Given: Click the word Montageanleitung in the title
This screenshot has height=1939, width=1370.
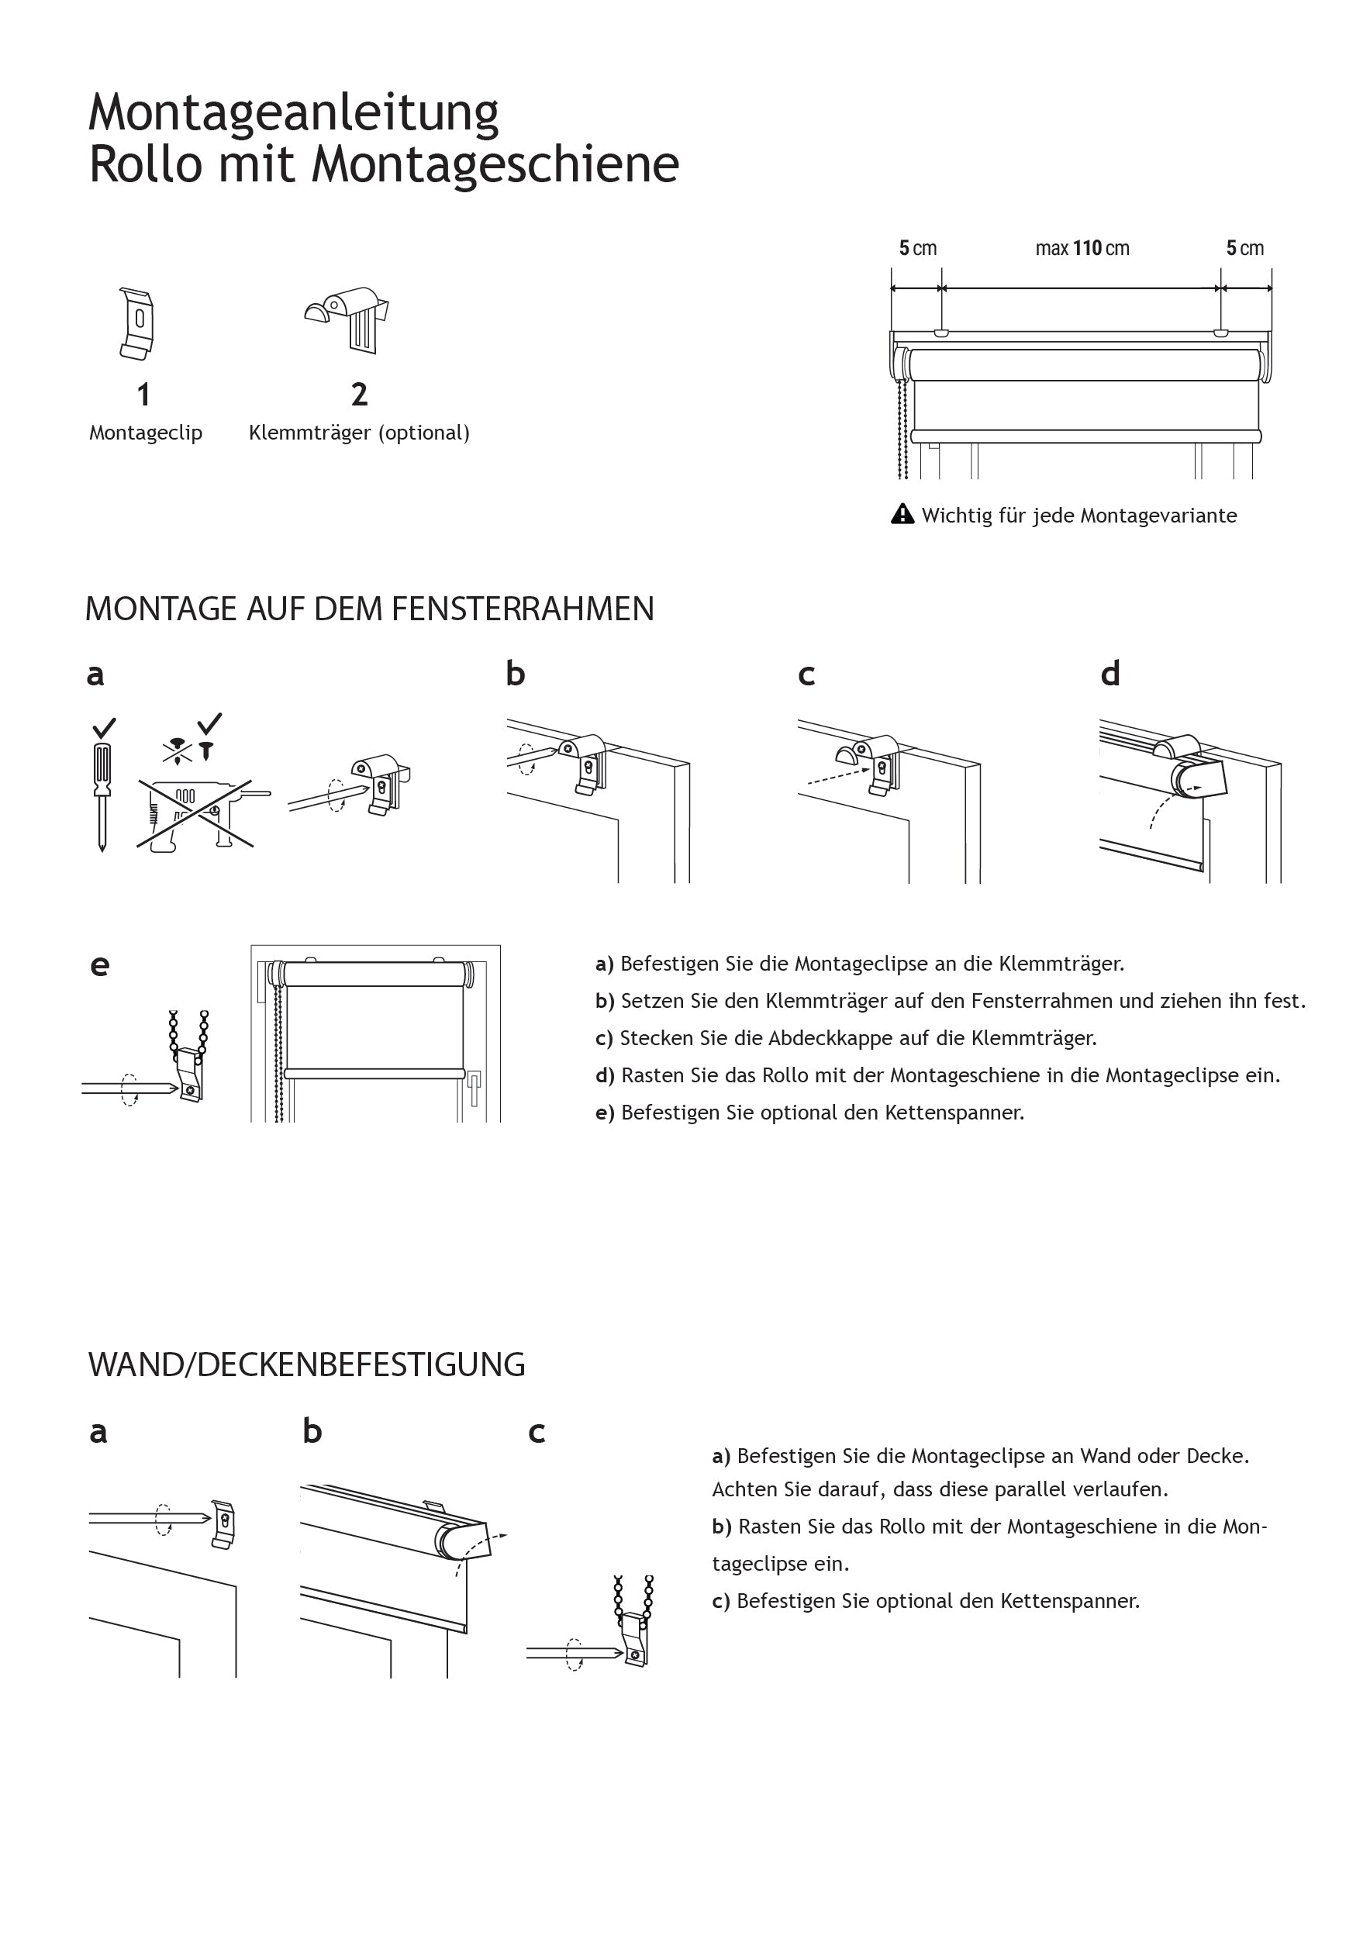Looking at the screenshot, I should (x=293, y=113).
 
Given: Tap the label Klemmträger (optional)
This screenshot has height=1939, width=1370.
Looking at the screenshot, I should (x=359, y=433).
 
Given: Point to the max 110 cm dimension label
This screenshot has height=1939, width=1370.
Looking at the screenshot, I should (x=1082, y=248).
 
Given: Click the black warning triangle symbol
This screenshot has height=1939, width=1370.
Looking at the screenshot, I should (x=902, y=514).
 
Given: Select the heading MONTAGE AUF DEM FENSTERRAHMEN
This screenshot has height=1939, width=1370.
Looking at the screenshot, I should (x=369, y=609).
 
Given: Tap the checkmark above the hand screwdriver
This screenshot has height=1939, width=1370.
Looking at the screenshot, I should (x=104, y=727).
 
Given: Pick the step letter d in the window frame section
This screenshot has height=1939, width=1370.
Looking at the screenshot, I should (x=1109, y=674).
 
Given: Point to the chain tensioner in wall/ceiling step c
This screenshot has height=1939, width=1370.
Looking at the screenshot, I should (x=635, y=1634).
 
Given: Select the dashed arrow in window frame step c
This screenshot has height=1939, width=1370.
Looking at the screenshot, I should (x=837, y=776).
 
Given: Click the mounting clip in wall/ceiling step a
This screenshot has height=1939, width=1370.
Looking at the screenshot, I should (x=223, y=1524).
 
